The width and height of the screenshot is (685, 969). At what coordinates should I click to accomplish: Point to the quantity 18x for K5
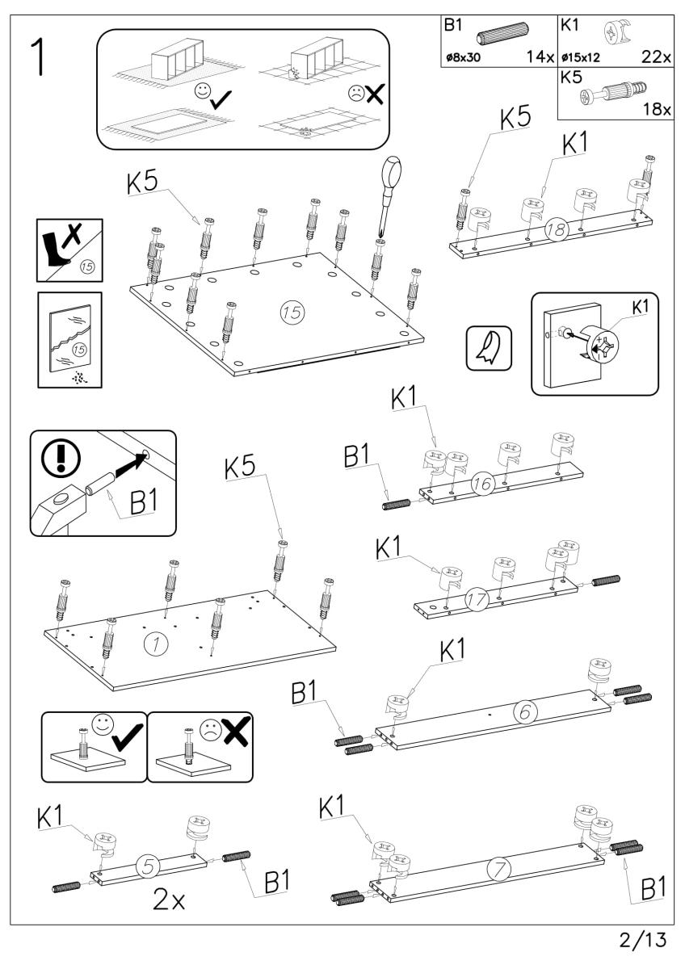click(655, 111)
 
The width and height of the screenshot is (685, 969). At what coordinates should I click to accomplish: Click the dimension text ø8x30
click(464, 58)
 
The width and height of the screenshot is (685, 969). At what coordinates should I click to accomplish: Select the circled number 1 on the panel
click(152, 643)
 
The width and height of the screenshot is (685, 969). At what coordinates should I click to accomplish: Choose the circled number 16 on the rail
click(483, 487)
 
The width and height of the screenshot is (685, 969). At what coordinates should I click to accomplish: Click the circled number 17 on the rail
click(477, 598)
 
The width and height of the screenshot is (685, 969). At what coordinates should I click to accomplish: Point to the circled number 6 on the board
click(523, 713)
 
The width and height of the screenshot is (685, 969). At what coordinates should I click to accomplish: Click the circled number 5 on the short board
click(145, 865)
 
